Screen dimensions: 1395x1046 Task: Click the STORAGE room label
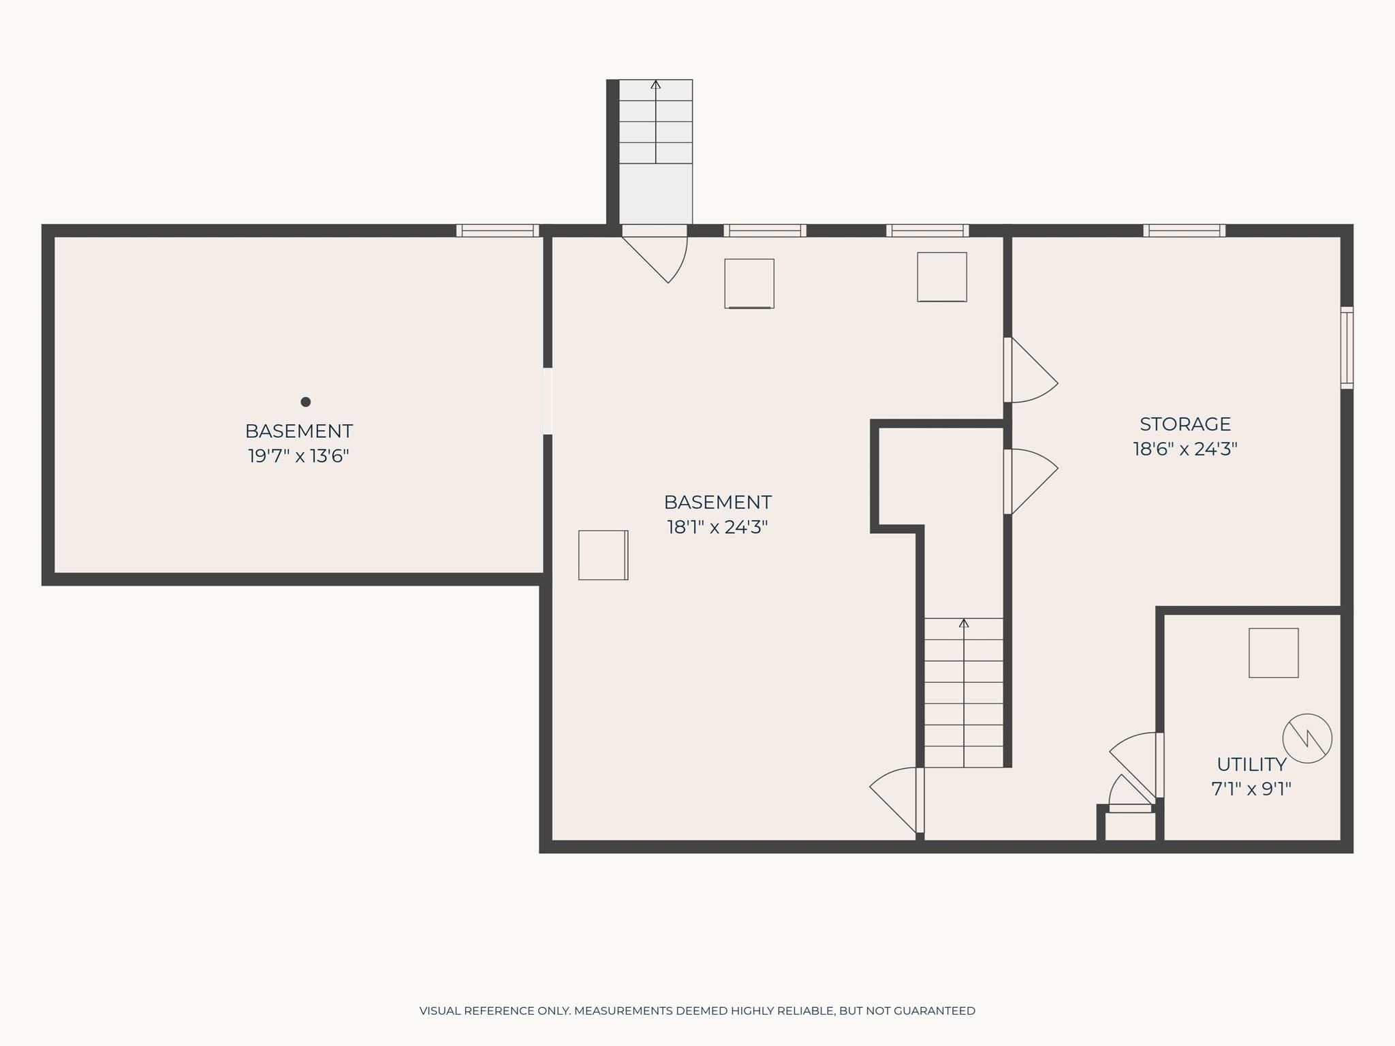[x=1185, y=424]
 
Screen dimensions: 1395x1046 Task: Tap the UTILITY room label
[x=1251, y=764]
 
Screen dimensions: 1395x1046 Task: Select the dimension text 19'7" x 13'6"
[x=298, y=456]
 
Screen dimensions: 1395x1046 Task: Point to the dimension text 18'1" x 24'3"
[x=717, y=527]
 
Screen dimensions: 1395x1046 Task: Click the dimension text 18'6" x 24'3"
[x=1185, y=449]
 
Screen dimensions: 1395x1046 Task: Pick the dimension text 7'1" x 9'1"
[x=1251, y=789]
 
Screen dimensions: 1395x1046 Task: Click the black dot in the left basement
[x=306, y=402]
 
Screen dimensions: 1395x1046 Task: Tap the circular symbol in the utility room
[x=1307, y=738]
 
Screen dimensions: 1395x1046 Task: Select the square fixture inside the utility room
[x=1273, y=653]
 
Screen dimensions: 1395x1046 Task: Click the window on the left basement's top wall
[x=497, y=231]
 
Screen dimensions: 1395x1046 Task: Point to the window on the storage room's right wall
[x=1347, y=348]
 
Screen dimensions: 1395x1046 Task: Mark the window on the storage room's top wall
[x=1184, y=231]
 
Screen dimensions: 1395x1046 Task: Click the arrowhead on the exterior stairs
[x=655, y=84]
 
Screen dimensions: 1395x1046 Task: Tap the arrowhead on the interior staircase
[x=963, y=623]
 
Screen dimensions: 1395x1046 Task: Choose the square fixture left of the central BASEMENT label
[x=603, y=555]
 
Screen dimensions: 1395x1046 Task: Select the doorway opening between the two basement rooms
[x=547, y=401]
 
